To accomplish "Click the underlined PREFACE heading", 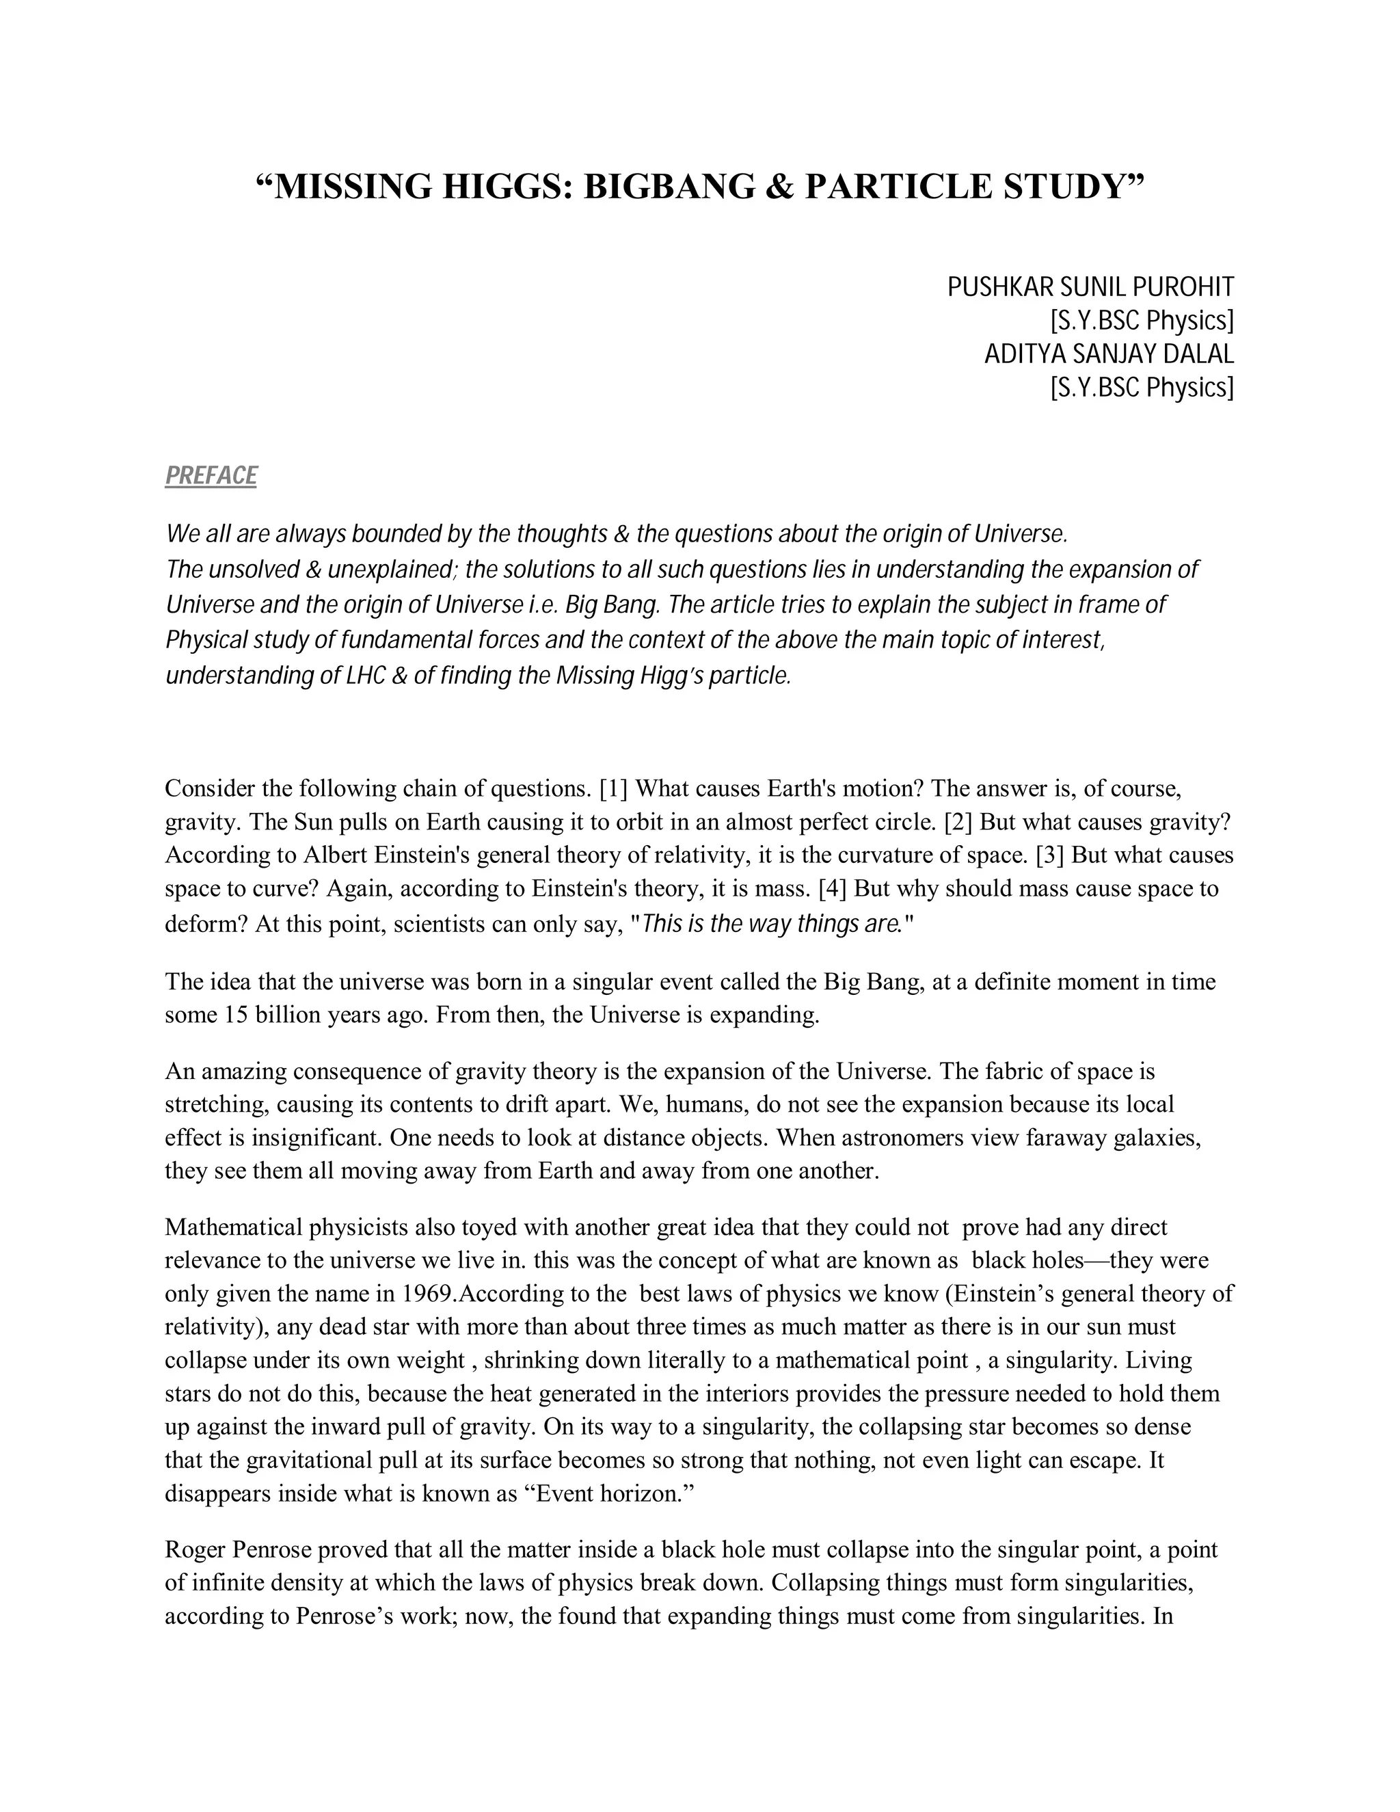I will [x=211, y=475].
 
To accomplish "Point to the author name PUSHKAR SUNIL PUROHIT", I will [x=1090, y=288].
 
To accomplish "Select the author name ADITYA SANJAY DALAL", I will [x=1108, y=354].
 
